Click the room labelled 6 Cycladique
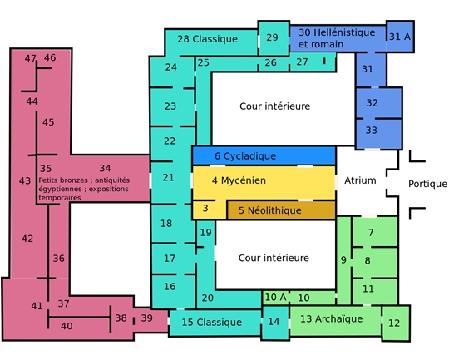(x=264, y=155)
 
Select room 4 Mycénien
(x=264, y=182)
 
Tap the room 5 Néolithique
(x=281, y=210)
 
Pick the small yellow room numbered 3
(x=209, y=210)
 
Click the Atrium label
(x=360, y=180)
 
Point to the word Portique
(x=427, y=184)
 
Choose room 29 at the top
(x=274, y=37)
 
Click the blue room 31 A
(x=400, y=37)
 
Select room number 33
(x=378, y=134)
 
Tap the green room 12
(x=396, y=323)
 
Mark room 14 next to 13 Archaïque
(x=275, y=323)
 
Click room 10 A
(x=275, y=298)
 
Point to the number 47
(x=30, y=58)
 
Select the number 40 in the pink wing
(x=67, y=326)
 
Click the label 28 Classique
(x=207, y=39)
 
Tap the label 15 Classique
(x=212, y=323)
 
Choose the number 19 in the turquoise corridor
(x=205, y=233)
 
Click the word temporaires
(x=60, y=198)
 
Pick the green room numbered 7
(x=374, y=231)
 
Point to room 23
(x=172, y=106)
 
